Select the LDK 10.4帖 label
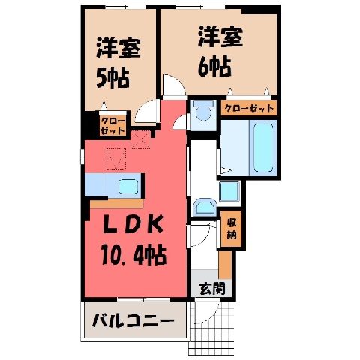click(133, 240)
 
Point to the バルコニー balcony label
click(133, 320)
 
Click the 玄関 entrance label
click(212, 289)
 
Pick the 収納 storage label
click(232, 229)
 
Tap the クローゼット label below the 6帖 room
click(249, 108)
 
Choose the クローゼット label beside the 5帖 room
click(112, 126)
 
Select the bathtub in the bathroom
click(263, 148)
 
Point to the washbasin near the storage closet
click(205, 207)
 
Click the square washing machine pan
click(229, 192)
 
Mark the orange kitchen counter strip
click(117, 204)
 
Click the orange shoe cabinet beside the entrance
click(226, 265)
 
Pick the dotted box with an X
click(141, 139)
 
